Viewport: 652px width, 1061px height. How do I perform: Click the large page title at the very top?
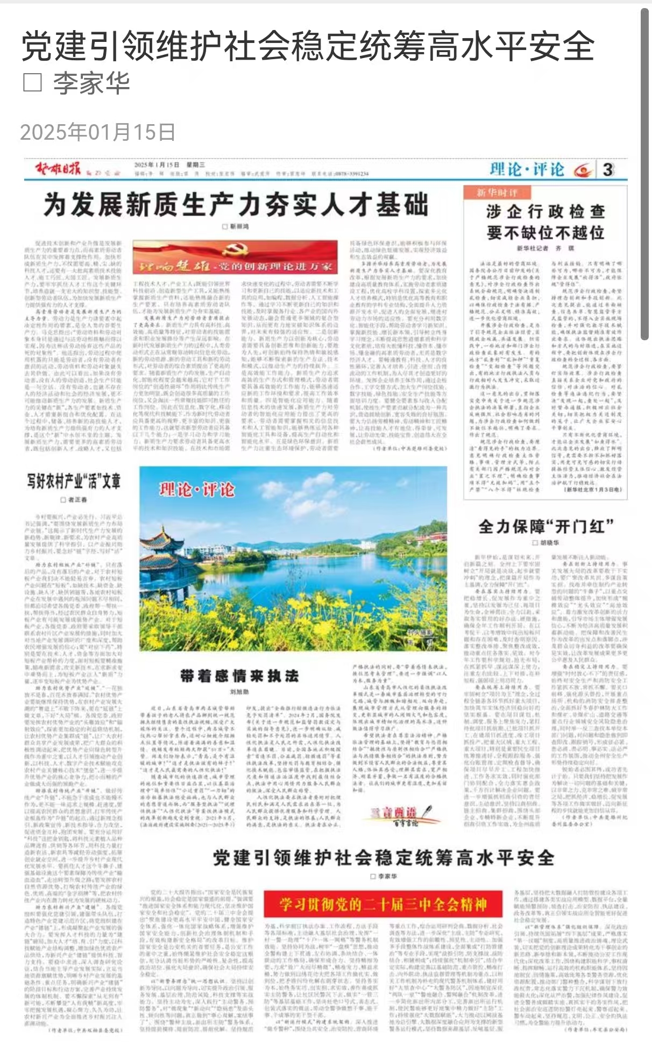click(308, 46)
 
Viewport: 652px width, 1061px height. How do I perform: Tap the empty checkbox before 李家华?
click(32, 83)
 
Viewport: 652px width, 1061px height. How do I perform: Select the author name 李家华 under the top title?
click(91, 83)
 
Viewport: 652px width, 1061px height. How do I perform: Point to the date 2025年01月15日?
click(98, 132)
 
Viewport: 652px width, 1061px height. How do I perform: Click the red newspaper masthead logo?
click(58, 169)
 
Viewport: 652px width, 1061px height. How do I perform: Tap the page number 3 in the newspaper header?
click(608, 170)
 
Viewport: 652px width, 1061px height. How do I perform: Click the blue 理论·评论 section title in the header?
click(527, 170)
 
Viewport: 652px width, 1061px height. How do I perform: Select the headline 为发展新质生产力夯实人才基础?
click(236, 205)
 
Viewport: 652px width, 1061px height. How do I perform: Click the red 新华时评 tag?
click(490, 192)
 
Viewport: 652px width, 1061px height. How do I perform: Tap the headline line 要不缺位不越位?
click(545, 233)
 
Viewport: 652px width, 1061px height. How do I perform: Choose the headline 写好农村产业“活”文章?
click(74, 481)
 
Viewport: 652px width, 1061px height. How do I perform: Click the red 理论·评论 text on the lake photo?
click(197, 489)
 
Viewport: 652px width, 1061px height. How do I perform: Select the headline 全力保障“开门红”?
click(546, 526)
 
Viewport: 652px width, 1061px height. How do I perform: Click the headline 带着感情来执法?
click(239, 676)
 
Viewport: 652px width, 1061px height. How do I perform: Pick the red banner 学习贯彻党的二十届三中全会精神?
click(383, 905)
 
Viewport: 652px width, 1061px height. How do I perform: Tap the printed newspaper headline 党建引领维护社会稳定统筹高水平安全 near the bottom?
click(383, 858)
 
